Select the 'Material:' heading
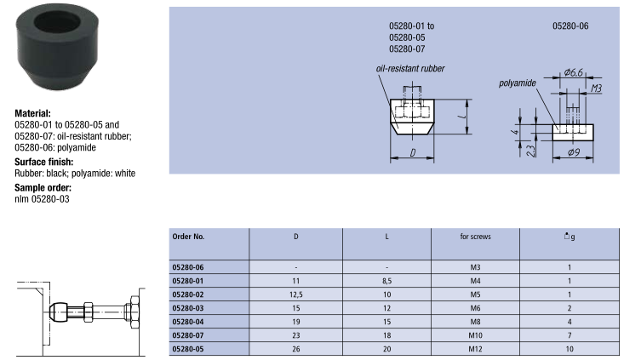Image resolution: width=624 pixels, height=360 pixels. pos(32,113)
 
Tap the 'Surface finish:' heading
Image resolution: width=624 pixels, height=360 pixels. pos(43,162)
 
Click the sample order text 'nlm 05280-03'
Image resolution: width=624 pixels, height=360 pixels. pos(42,199)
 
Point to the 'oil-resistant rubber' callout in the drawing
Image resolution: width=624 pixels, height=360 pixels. pos(410,69)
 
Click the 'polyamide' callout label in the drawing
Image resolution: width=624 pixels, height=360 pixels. pos(518,83)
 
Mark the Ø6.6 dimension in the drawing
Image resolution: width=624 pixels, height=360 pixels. pos(573,72)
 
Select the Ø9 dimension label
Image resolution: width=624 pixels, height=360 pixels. pos(574,152)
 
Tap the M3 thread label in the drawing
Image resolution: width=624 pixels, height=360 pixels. pos(596,89)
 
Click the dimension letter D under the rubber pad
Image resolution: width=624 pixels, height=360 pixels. pos(413,152)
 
